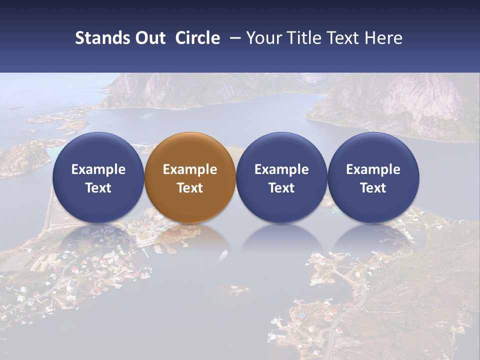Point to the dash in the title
point(233,38)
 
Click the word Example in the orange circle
point(190,169)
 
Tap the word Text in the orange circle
point(190,188)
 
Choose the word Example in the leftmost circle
point(98,169)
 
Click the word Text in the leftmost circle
point(98,188)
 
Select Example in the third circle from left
point(281,169)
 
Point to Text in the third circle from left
point(281,188)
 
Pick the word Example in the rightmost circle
point(373,169)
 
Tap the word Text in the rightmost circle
point(373,188)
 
